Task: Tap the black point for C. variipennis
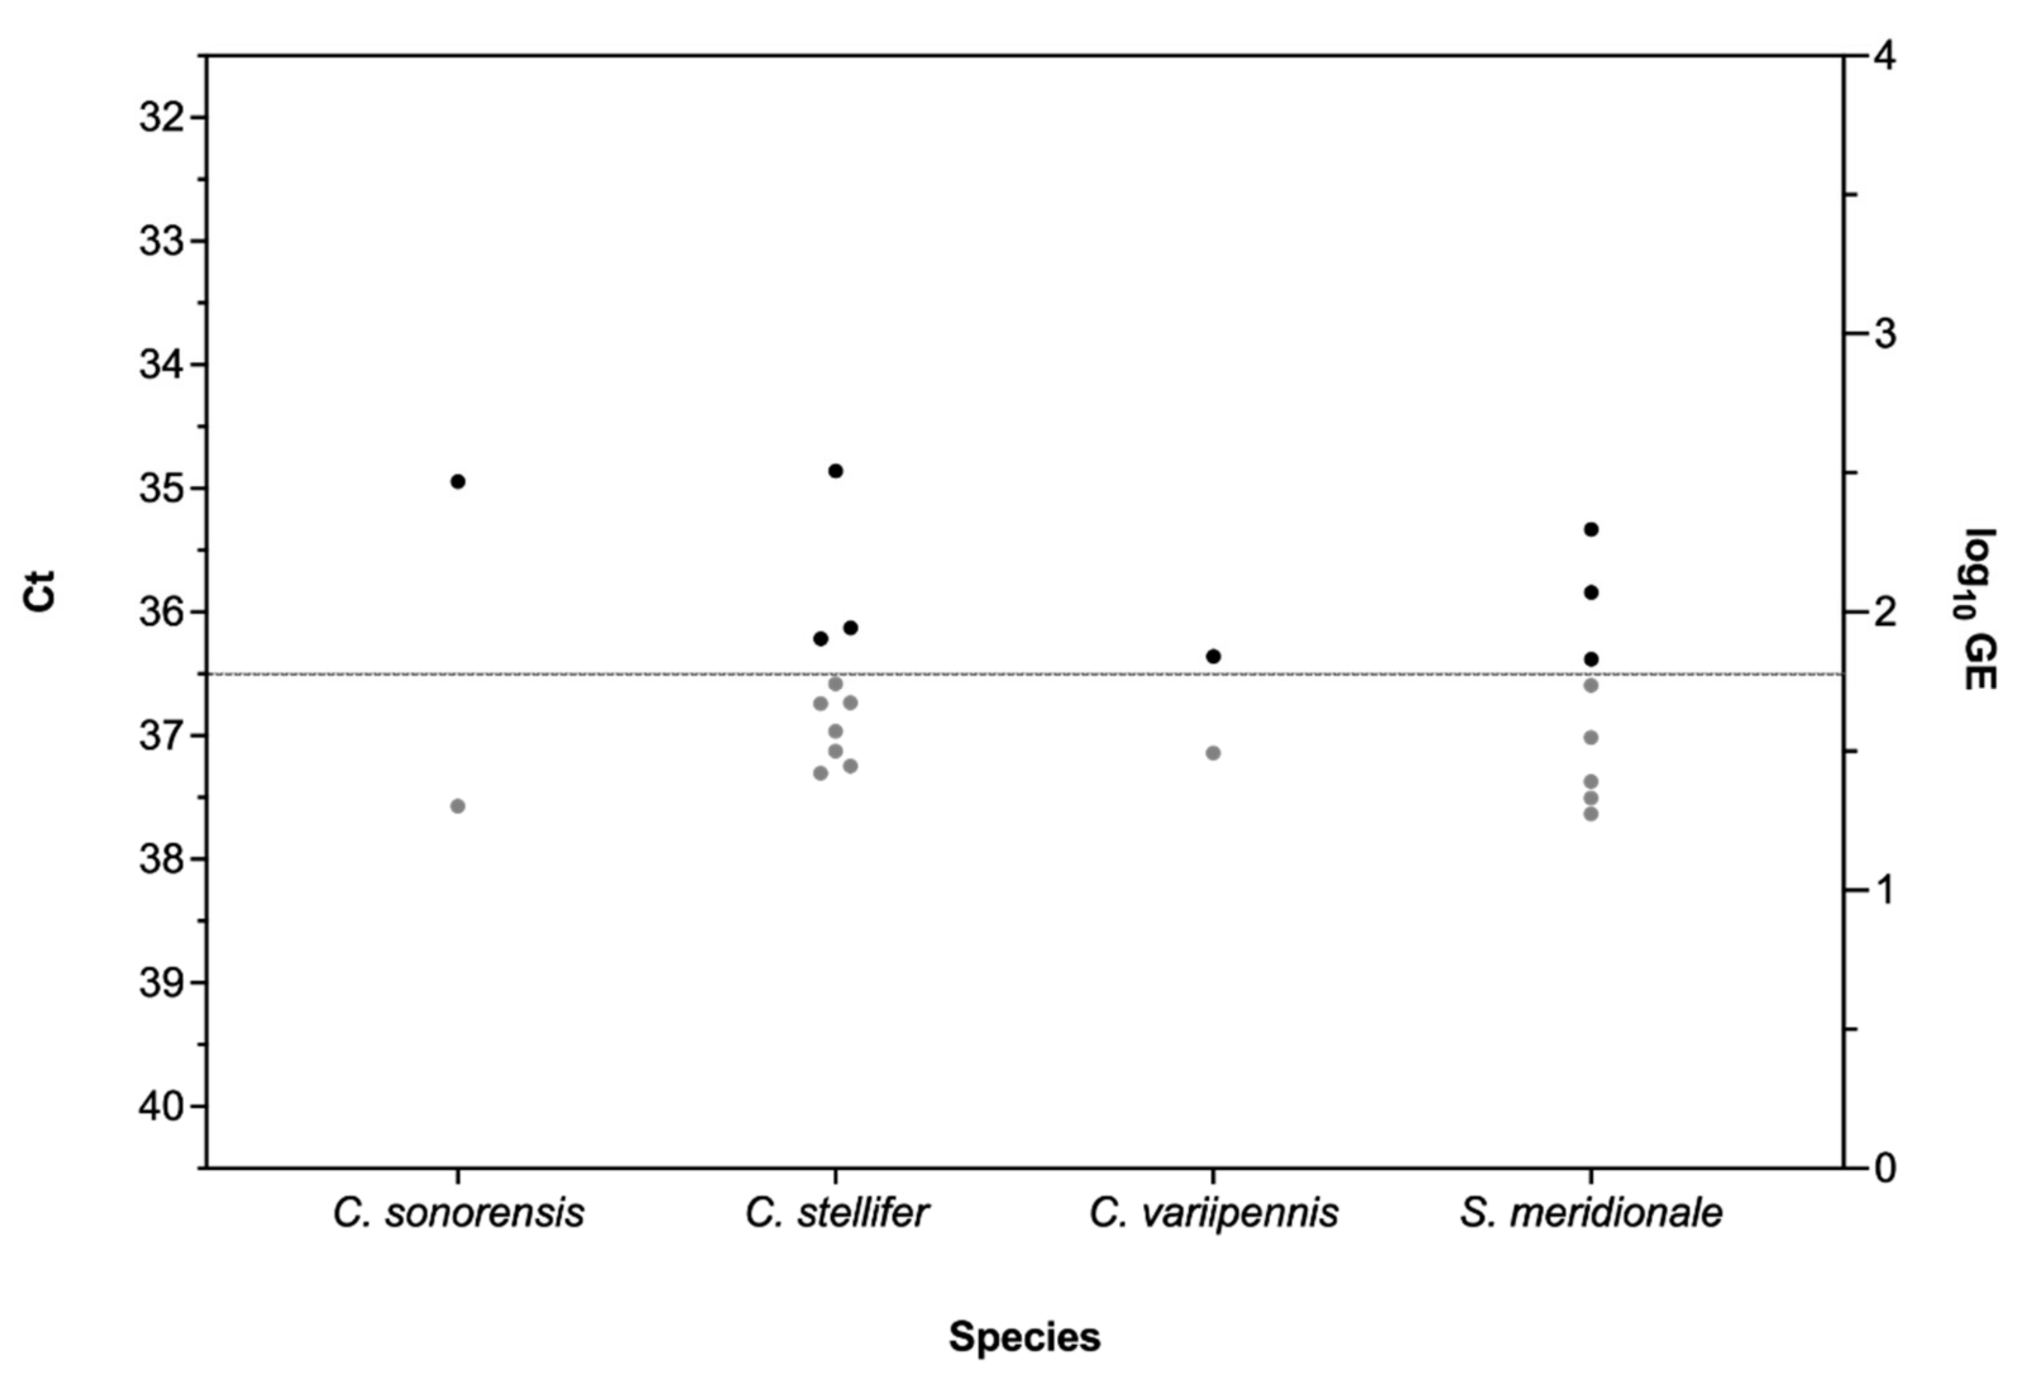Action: [1213, 656]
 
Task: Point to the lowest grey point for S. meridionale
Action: [1591, 815]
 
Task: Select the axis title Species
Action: [1024, 1338]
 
